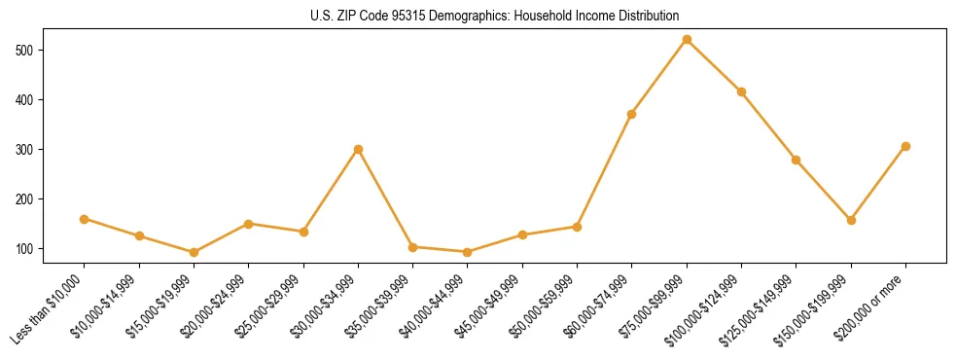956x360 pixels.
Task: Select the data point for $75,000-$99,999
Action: coord(687,40)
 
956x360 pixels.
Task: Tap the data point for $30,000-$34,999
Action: coord(358,149)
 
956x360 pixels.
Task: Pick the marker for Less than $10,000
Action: coord(85,219)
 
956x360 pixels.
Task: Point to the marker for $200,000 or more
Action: coord(905,146)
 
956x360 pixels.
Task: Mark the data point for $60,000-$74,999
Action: coord(632,114)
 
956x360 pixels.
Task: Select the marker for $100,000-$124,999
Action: coord(741,91)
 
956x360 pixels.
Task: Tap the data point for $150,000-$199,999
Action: coord(851,220)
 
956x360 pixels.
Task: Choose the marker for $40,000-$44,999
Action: coord(468,252)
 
